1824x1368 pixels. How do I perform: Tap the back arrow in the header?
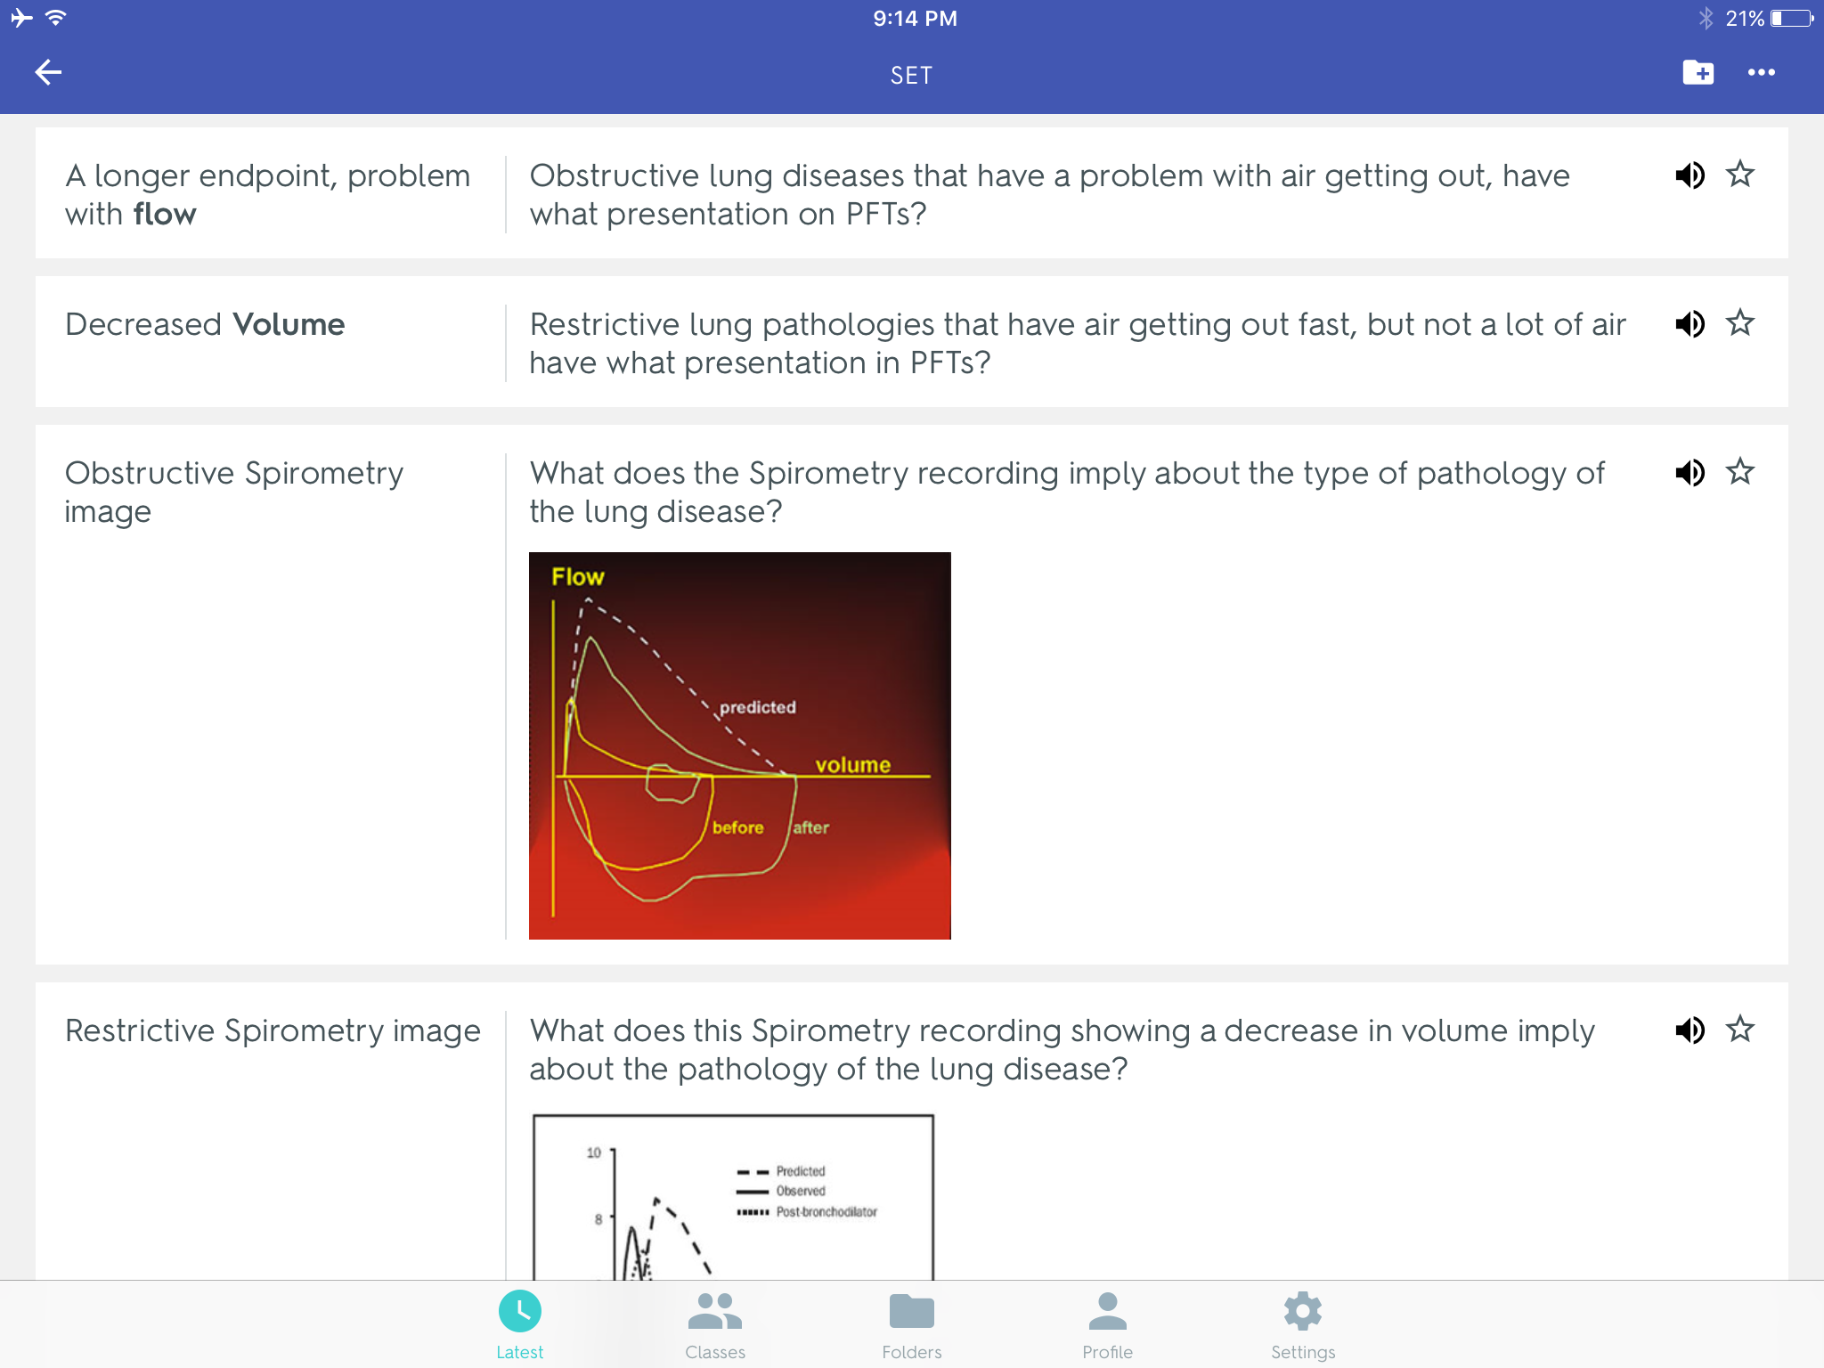(48, 72)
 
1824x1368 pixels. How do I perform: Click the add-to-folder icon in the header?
(1698, 72)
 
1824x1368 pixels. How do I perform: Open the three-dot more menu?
(1761, 73)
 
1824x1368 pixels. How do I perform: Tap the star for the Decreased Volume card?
(1739, 322)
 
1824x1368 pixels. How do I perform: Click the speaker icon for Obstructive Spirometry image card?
(1690, 472)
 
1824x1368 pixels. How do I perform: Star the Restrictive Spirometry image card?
(1739, 1030)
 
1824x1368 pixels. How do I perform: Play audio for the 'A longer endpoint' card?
(1690, 175)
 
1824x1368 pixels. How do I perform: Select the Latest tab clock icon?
(520, 1311)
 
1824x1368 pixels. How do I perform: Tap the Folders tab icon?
(911, 1311)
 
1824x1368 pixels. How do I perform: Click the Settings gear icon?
(1303, 1311)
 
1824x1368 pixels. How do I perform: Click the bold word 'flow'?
(165, 214)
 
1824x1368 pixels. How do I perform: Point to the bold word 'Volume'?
(289, 324)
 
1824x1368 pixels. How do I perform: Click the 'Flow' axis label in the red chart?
(578, 577)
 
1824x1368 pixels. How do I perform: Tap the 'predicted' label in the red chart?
(758, 707)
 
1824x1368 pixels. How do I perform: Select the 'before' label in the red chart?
(738, 827)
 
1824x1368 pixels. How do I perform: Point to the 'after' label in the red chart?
(810, 827)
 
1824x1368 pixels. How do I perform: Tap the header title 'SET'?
(911, 76)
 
